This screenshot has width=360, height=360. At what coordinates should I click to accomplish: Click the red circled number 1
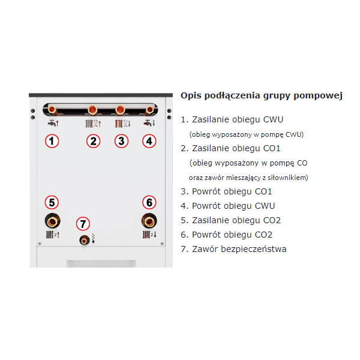click(x=52, y=141)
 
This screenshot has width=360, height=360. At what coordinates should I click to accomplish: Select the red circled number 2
click(x=93, y=141)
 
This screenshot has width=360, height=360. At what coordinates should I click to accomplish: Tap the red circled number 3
click(x=121, y=141)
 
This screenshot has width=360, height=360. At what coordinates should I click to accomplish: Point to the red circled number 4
click(x=149, y=141)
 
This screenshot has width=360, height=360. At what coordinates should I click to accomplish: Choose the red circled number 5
click(x=52, y=202)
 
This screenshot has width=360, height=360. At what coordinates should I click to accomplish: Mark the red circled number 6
click(x=149, y=202)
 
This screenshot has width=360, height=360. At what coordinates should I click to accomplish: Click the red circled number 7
click(x=83, y=224)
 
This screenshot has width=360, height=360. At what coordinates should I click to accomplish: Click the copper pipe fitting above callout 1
click(x=52, y=109)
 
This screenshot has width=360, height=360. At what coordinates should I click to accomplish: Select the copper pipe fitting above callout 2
click(x=92, y=110)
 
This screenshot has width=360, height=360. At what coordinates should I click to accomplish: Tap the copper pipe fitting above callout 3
click(x=120, y=110)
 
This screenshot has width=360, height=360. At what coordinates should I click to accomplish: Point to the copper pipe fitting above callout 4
click(x=150, y=110)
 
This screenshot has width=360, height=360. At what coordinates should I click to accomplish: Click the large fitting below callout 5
click(x=52, y=221)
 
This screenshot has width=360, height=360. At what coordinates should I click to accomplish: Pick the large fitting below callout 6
click(x=149, y=221)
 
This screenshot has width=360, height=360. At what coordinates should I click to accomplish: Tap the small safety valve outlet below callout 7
click(x=84, y=241)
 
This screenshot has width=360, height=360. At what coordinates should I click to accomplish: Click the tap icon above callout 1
click(x=53, y=123)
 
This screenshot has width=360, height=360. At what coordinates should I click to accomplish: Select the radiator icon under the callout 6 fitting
click(x=149, y=235)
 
